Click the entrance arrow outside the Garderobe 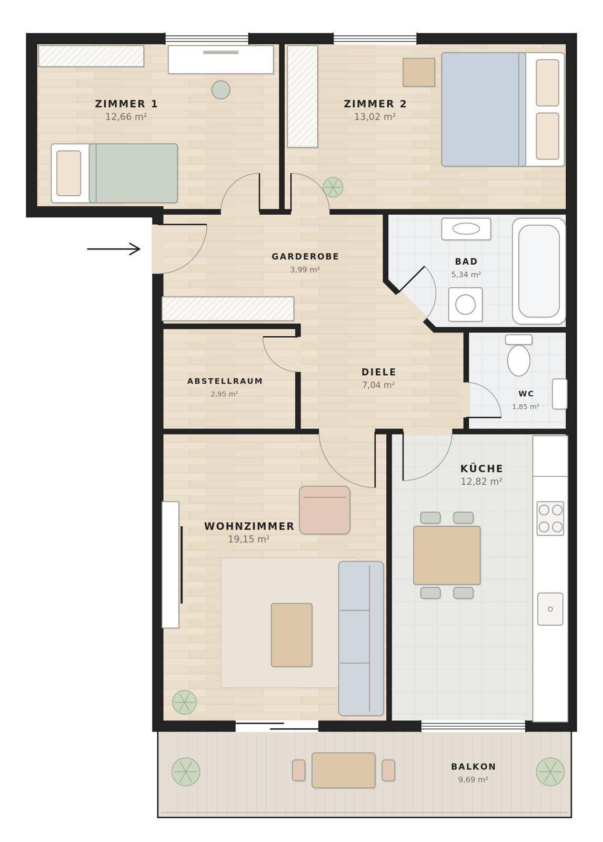click(114, 249)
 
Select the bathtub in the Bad click(539, 271)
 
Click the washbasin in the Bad click(466, 228)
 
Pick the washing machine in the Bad click(466, 305)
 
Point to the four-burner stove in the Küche click(550, 518)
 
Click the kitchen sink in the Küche click(550, 609)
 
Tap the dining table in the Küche click(447, 555)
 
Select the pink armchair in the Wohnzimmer click(325, 510)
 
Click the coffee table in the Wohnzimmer click(292, 635)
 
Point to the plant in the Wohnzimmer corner click(184, 702)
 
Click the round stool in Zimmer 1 click(220, 90)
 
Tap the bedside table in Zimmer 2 click(419, 72)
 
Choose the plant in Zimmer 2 click(333, 187)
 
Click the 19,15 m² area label click(248, 539)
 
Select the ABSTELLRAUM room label click(225, 381)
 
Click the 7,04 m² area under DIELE click(378, 385)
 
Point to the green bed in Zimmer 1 click(114, 173)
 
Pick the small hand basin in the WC click(559, 394)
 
